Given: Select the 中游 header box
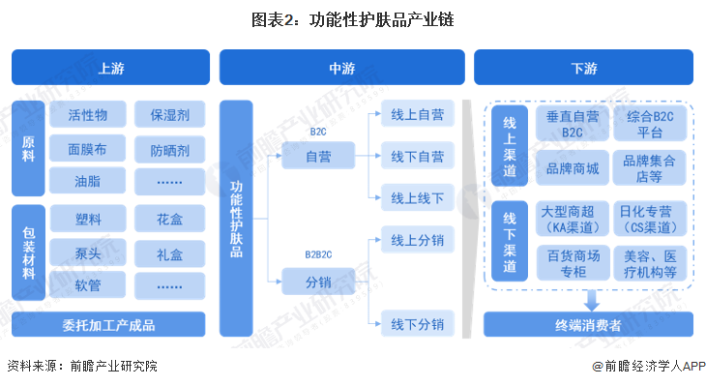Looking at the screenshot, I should (340, 69).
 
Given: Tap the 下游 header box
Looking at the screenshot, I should (583, 69).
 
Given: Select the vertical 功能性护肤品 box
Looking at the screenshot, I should (237, 218).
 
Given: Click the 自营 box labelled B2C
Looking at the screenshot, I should (318, 155).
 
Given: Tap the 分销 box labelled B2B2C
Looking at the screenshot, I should (318, 282).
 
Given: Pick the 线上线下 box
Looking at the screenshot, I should (417, 198).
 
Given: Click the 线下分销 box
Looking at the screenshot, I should (417, 323).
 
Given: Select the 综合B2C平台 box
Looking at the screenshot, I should (657, 124).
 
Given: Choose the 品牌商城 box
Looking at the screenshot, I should (573, 167).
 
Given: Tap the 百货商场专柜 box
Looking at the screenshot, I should (573, 264).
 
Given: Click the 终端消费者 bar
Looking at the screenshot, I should (589, 325).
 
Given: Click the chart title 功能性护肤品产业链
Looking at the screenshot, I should (352, 18).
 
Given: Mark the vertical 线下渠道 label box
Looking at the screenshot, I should (510, 241).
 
